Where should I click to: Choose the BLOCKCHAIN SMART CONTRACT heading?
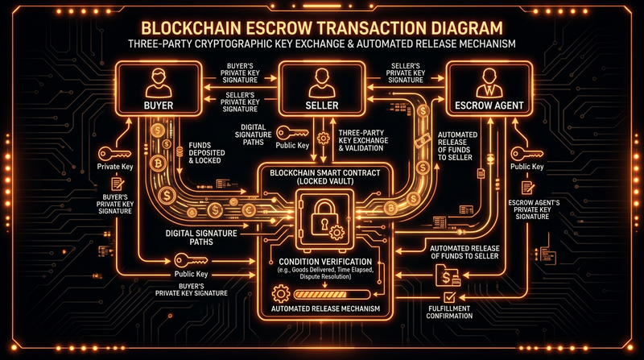(x=322, y=175)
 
